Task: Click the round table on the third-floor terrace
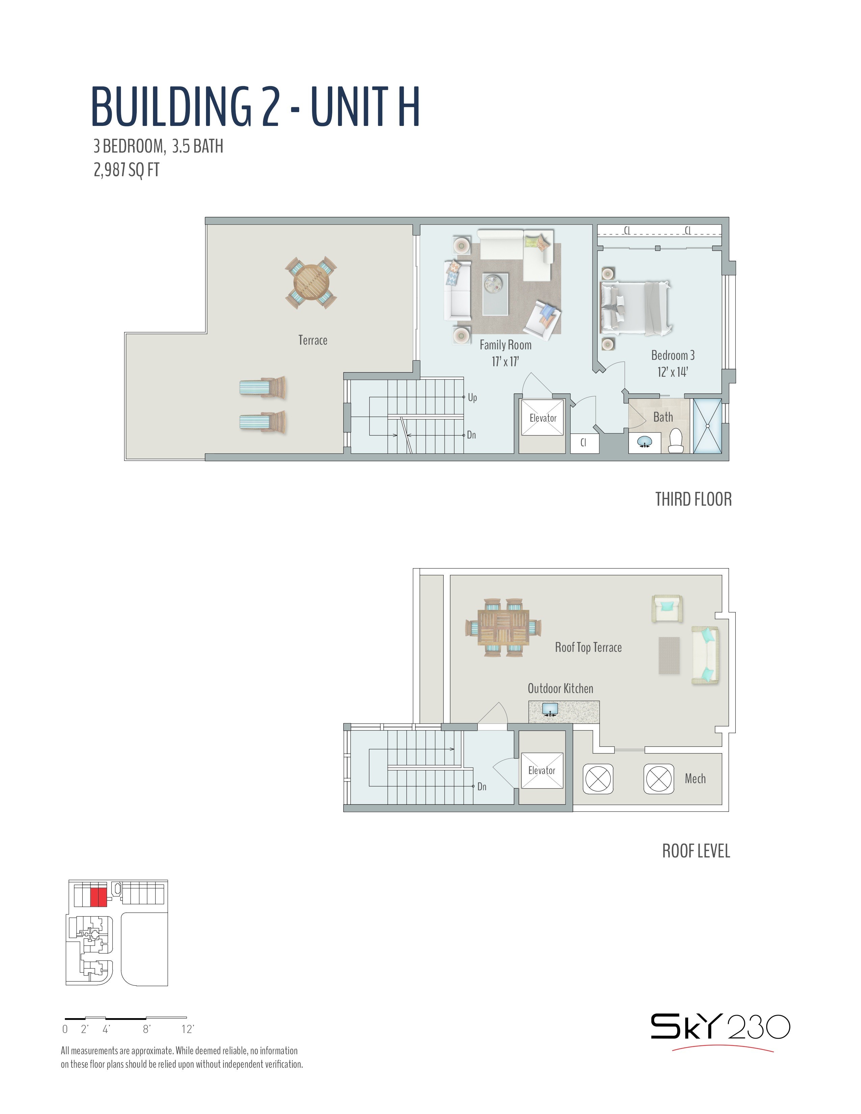click(x=311, y=283)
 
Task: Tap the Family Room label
click(x=505, y=345)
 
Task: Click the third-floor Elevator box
click(x=542, y=418)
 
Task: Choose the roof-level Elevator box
click(x=542, y=770)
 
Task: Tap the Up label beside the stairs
click(x=472, y=397)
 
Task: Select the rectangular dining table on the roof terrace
click(x=503, y=627)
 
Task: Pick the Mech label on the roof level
click(x=695, y=778)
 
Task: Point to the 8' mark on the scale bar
click(x=147, y=1029)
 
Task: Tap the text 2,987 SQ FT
click(x=127, y=169)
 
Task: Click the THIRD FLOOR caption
click(x=693, y=499)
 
